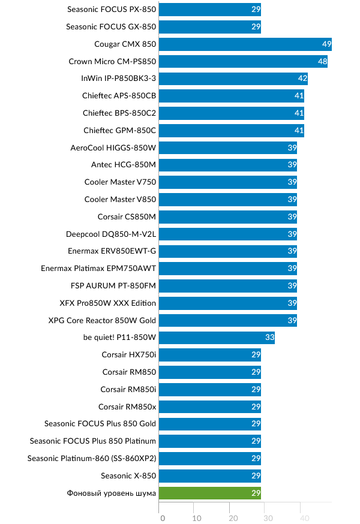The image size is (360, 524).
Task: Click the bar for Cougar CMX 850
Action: click(245, 44)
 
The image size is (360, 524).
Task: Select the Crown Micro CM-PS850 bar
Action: click(243, 62)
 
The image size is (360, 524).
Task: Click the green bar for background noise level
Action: click(210, 493)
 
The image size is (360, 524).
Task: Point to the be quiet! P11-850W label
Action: click(119, 338)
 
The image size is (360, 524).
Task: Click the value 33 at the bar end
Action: click(269, 338)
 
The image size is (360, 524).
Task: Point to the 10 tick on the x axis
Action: click(197, 518)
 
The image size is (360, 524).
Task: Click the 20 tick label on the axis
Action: click(233, 518)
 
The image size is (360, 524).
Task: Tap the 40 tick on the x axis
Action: click(304, 518)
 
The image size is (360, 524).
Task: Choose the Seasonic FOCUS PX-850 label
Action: click(111, 10)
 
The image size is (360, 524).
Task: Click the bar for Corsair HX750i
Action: click(210, 355)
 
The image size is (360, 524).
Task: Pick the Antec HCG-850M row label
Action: click(124, 165)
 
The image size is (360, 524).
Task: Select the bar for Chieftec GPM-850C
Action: click(232, 131)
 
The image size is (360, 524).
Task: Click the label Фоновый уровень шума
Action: click(112, 493)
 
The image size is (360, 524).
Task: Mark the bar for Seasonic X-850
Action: click(210, 476)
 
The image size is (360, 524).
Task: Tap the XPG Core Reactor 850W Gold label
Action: click(102, 320)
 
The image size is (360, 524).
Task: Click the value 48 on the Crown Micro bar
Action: click(322, 62)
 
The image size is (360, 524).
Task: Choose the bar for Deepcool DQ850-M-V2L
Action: click(228, 234)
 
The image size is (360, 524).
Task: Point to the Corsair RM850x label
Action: click(127, 406)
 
